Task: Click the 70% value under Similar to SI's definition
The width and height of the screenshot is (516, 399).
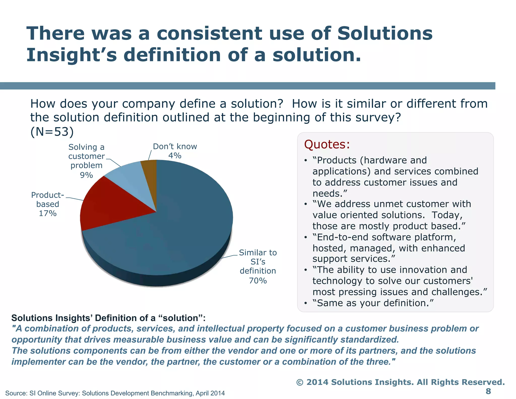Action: coord(258,280)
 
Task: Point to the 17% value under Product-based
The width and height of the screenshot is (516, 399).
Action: coord(48,213)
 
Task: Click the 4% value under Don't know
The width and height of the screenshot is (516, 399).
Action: coord(175,156)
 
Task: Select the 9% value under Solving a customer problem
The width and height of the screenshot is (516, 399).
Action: coord(86,175)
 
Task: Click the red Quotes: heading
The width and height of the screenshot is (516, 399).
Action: coord(327,145)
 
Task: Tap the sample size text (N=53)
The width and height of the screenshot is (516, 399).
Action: coord(52,132)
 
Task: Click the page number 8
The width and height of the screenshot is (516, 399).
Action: coord(488,391)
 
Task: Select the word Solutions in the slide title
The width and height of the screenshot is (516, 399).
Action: coord(385,33)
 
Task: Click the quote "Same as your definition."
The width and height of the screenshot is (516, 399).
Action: coord(373,303)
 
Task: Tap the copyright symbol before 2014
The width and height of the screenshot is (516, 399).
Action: coord(300,382)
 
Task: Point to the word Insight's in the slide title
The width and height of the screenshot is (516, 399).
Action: coord(72,55)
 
